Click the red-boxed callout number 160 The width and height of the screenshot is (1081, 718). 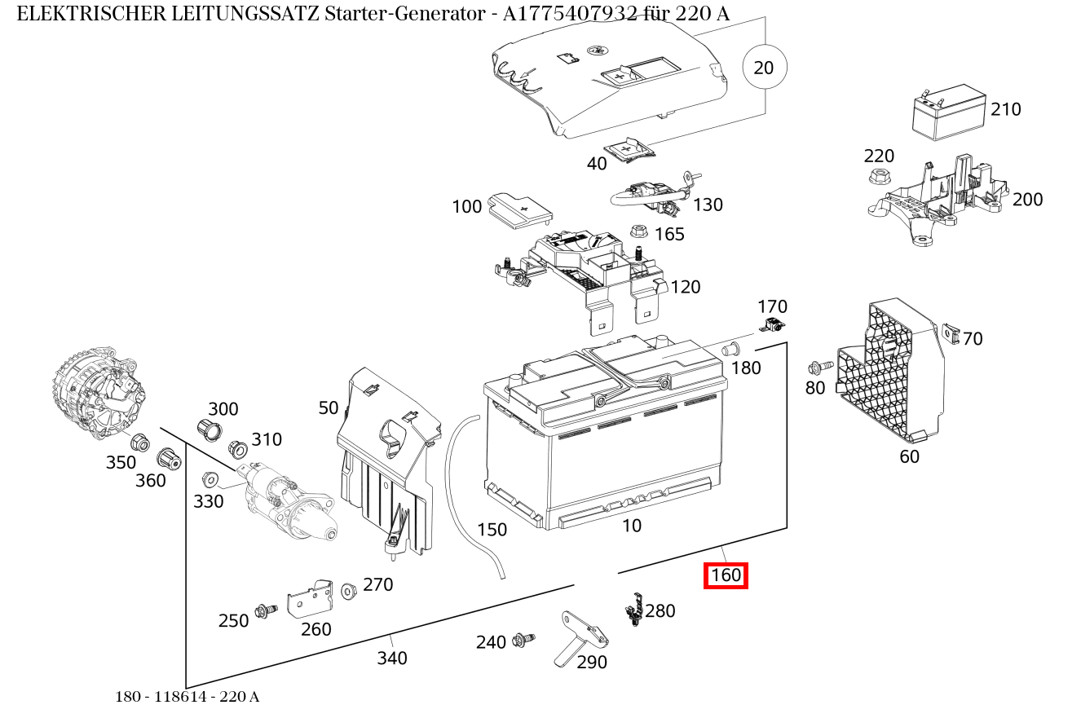click(x=726, y=575)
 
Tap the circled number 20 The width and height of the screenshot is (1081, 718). click(x=764, y=68)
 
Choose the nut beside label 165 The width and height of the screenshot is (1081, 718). click(x=639, y=231)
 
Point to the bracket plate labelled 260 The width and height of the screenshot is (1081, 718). click(x=311, y=600)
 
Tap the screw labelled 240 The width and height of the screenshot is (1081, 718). click(x=522, y=641)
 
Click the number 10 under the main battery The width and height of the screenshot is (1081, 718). click(x=632, y=526)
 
